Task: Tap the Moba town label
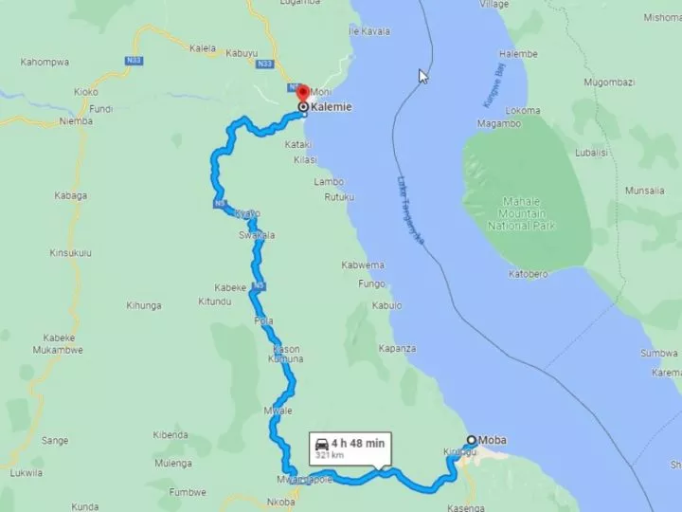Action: tap(493, 440)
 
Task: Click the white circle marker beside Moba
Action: tap(471, 440)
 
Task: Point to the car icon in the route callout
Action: tap(322, 443)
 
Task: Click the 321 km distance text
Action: tap(330, 456)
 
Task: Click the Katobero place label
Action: tap(529, 274)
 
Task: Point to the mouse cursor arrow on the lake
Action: tap(423, 76)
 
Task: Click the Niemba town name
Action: tap(76, 121)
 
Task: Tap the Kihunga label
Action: tap(144, 305)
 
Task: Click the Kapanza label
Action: tap(397, 349)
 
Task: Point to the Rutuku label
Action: tap(339, 197)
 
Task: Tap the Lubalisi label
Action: tap(591, 152)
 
